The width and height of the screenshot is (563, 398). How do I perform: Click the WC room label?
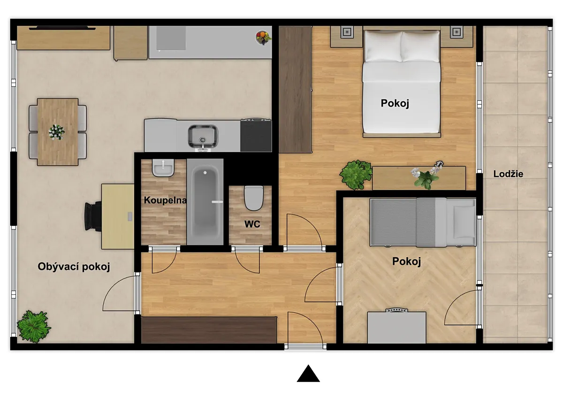pos(252,224)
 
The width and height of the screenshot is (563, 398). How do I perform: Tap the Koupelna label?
pos(165,200)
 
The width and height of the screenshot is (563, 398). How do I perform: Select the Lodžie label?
pos(508,174)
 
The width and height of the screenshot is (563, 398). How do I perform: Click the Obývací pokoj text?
pos(74,267)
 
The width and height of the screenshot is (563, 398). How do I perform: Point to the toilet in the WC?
pos(254,198)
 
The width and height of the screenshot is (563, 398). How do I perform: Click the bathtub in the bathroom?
pos(205,202)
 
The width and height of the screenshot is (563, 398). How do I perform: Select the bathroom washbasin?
pos(163,168)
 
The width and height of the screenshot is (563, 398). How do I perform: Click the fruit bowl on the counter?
pos(263,38)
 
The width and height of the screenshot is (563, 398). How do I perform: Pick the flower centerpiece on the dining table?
pos(57,132)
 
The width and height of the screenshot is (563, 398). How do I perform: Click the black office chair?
pos(93,216)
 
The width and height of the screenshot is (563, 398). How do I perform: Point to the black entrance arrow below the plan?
pos(308,374)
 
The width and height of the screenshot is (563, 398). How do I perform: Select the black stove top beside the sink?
pos(256,136)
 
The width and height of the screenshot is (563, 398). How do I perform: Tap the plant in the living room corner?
pos(34,327)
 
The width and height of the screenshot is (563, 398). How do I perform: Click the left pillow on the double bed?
pos(383,46)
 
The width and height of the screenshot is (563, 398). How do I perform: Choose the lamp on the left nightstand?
pos(347,32)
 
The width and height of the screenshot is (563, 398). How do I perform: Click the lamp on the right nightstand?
pos(456,32)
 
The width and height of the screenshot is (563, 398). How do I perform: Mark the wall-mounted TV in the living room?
pos(62,28)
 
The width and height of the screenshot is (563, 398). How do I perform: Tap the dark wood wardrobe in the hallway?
pos(209,330)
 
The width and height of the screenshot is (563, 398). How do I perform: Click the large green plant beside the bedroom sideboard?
pos(356,175)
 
